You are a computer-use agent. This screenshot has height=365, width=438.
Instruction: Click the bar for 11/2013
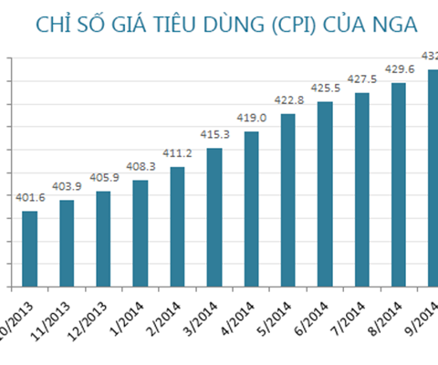[67, 243]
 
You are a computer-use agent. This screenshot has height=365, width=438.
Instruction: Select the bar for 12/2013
[103, 238]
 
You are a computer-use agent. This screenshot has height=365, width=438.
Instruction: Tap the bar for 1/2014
[140, 233]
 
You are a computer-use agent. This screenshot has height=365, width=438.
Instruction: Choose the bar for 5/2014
[287, 200]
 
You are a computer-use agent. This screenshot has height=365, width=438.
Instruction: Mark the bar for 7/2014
[361, 189]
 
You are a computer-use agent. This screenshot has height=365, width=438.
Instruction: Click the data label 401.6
[30, 196]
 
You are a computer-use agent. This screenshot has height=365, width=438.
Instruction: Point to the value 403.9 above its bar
[67, 185]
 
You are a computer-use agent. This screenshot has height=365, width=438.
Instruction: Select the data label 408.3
[140, 166]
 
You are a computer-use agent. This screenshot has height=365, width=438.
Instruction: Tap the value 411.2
[177, 152]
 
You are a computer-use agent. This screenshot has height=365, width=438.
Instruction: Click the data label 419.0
[251, 118]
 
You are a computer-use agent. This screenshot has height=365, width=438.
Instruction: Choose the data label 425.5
[325, 88]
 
